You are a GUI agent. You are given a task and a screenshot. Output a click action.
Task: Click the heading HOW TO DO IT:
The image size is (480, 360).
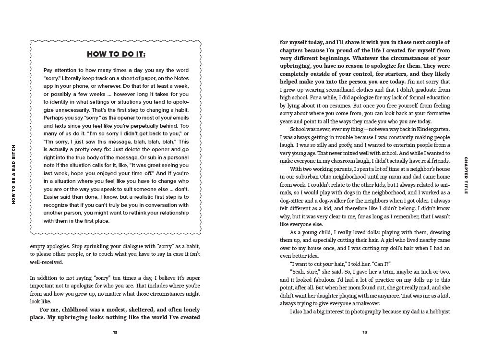coord(115,53)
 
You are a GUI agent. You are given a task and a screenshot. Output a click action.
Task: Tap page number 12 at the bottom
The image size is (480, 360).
coord(115,332)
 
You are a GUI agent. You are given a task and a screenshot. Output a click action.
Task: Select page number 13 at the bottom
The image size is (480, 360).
coord(365,332)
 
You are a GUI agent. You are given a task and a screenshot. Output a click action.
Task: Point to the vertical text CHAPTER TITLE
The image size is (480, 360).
coord(466,176)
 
